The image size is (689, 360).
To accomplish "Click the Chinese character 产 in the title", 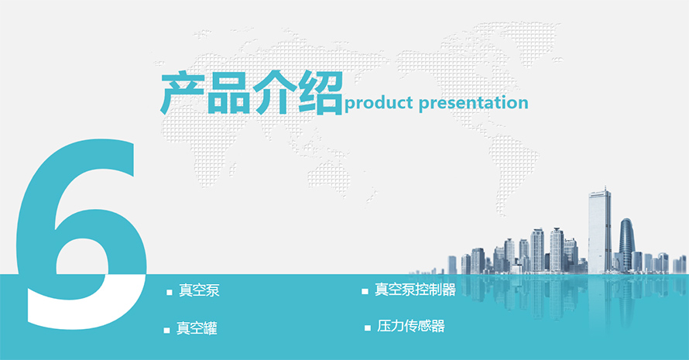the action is point(182,94).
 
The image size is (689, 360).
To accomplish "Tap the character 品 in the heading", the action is point(228,93).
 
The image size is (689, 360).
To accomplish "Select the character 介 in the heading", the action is point(274,93).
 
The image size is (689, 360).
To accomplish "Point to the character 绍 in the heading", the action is point(321,93).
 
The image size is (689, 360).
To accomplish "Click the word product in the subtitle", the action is point(379,103).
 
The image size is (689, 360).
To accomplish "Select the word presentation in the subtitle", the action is point(473,103).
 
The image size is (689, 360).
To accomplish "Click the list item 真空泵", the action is point(199,290).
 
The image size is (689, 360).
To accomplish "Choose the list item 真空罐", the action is point(197,328).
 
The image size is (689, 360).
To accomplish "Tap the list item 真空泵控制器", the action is point(415,290).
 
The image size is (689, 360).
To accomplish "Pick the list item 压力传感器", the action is point(411,326).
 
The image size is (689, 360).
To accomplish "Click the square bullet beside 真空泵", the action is point(170,293).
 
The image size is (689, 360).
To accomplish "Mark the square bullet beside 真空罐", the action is point(166,330).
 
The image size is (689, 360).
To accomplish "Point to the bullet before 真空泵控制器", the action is point(365,291).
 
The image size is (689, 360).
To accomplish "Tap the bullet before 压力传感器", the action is point(368,328).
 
